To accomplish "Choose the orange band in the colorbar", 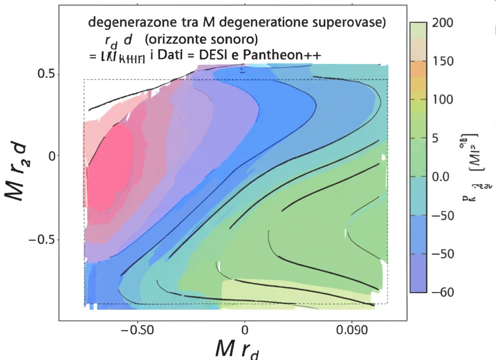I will coord(418,69).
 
